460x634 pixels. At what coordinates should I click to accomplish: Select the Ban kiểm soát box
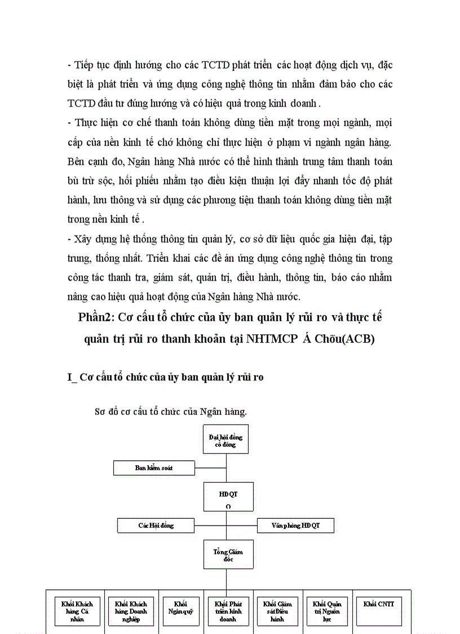pyautogui.click(x=154, y=468)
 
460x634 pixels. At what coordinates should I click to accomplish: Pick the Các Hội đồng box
pyautogui.click(x=156, y=525)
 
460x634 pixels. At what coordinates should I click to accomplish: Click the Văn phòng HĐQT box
pyautogui.click(x=295, y=525)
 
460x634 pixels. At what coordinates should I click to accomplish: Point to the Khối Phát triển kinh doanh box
pyautogui.click(x=228, y=611)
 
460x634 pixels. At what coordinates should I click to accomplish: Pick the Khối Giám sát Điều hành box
pyautogui.click(x=277, y=611)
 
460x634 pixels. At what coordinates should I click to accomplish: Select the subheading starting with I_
pyautogui.click(x=165, y=377)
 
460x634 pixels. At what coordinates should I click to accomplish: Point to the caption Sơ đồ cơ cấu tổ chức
pyautogui.click(x=171, y=412)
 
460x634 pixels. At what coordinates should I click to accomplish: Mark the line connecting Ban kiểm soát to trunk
pyautogui.click(x=211, y=468)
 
